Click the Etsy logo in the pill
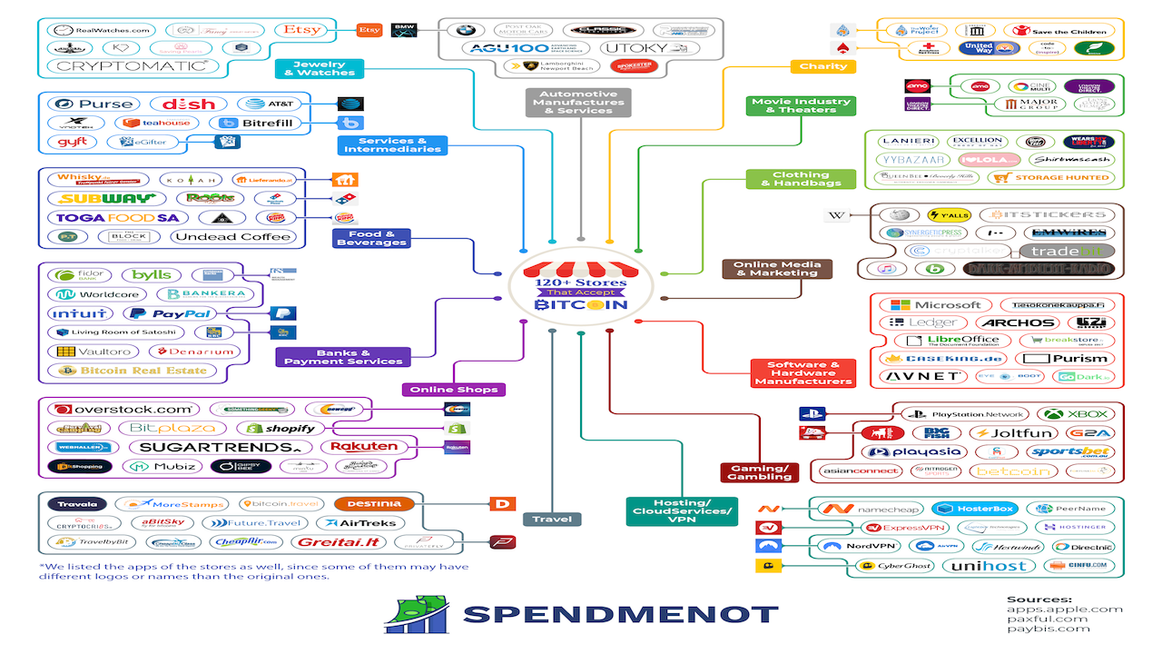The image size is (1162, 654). [301, 30]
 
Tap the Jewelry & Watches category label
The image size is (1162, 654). [320, 69]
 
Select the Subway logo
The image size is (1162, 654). [95, 198]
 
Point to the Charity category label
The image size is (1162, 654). [823, 66]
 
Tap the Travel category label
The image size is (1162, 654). [552, 520]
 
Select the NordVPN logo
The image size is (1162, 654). [859, 546]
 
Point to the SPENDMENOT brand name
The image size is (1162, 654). [620, 615]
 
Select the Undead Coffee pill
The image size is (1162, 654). [232, 237]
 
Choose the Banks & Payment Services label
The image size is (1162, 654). [342, 357]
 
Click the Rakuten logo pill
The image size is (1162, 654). [364, 447]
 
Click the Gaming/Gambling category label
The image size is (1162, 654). [759, 472]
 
